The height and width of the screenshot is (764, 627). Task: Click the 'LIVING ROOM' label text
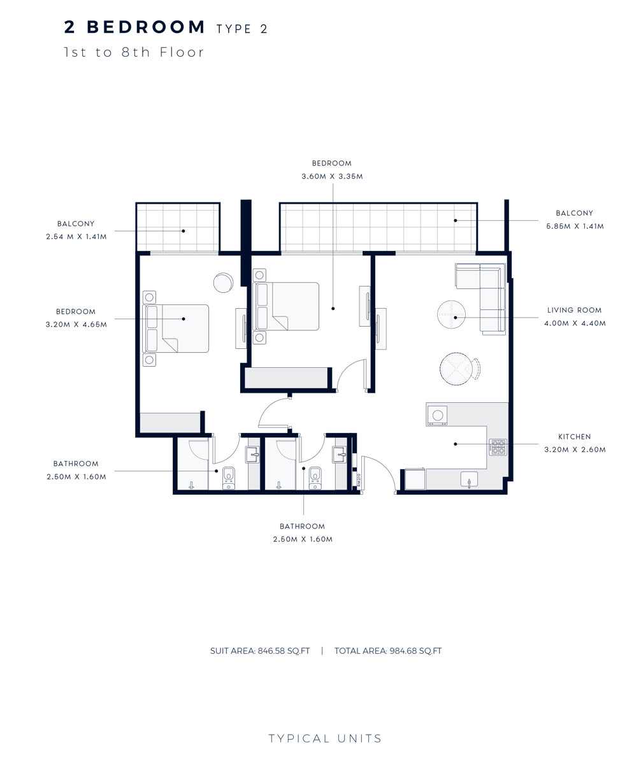tap(573, 311)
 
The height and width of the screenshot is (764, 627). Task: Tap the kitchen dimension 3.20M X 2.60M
tap(573, 449)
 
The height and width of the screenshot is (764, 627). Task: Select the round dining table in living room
tap(457, 369)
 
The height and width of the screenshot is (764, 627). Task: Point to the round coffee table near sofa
tap(451, 315)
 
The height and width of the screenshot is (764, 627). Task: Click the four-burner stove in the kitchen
tap(498, 447)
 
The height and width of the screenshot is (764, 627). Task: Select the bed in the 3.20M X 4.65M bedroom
tap(177, 328)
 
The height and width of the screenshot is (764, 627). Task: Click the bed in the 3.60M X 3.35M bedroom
tap(287, 306)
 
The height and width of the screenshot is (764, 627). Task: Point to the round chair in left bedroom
tap(223, 282)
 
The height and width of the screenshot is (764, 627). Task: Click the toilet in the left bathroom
tap(229, 478)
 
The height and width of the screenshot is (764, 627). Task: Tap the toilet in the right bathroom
tap(315, 478)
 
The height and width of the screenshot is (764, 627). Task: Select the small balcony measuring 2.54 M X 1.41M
tap(178, 227)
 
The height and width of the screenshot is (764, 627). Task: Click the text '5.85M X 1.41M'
tap(574, 226)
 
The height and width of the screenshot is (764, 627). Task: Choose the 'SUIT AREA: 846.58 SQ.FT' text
tap(260, 651)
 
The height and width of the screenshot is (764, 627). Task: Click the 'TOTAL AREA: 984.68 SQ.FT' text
tap(387, 651)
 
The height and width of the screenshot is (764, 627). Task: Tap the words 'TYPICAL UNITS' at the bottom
tap(325, 739)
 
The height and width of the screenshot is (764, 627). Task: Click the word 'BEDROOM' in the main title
tap(146, 27)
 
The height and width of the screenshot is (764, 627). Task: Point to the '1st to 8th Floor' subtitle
tap(134, 52)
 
